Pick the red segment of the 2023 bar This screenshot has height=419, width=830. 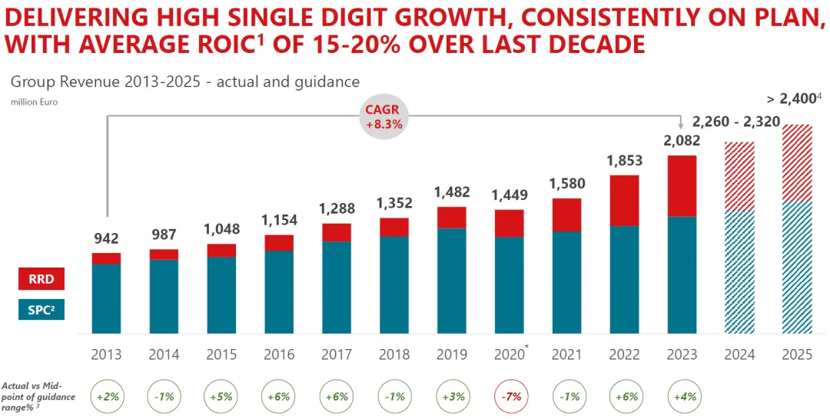682,186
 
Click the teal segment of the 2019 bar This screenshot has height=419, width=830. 452,281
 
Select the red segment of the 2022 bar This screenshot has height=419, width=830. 624,201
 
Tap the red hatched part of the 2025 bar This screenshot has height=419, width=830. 797,163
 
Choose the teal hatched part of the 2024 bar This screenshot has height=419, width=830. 739,272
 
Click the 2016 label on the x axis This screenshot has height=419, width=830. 279,354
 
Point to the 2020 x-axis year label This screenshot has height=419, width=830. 508,354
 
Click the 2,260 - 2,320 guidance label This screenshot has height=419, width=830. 736,121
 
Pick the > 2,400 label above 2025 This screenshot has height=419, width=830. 795,98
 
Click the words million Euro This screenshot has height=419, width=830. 35,101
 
